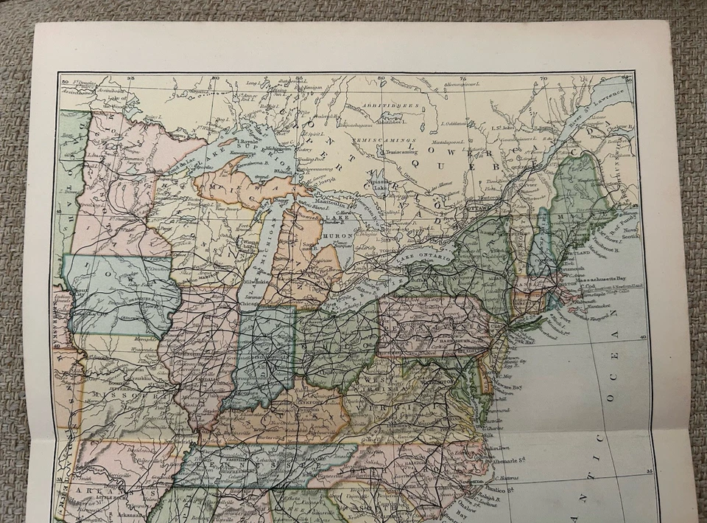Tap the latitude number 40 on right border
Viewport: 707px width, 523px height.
click(642, 337)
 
